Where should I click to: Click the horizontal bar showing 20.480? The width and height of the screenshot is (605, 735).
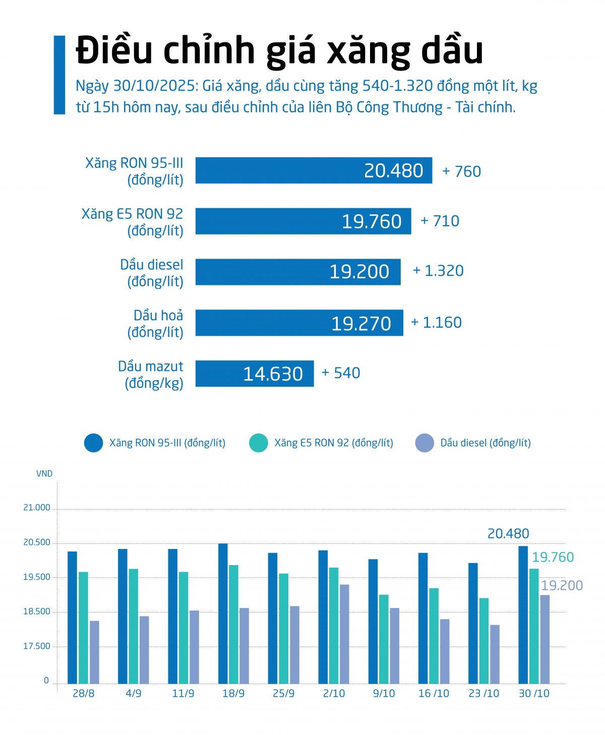pos(313,170)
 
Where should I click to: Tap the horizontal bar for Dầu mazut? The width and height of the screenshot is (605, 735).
pos(254,374)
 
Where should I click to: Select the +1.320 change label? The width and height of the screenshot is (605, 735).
pos(438,271)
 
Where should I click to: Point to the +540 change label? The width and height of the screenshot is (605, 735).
pos(341,373)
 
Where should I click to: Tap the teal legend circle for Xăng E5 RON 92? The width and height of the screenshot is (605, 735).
pos(259,443)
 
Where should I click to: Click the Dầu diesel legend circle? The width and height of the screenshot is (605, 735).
pos(425,443)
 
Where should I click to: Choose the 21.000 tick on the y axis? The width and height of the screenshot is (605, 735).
pos(37,508)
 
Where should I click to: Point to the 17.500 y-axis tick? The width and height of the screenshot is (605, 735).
pos(37,646)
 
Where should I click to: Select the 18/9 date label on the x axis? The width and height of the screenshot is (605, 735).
pos(233,694)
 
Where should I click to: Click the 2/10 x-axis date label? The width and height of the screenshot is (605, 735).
pos(334,694)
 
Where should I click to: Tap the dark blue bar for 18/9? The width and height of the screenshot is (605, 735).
pos(223,613)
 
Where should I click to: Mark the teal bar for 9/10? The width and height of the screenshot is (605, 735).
pos(384,639)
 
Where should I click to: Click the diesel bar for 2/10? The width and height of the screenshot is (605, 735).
pos(344,634)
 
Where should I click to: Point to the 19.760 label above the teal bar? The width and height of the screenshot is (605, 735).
pos(553,557)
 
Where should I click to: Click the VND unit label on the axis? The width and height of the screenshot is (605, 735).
pos(44,473)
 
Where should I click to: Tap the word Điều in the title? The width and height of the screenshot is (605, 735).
pos(114,50)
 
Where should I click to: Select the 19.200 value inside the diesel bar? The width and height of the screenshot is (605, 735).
pos(359,272)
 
